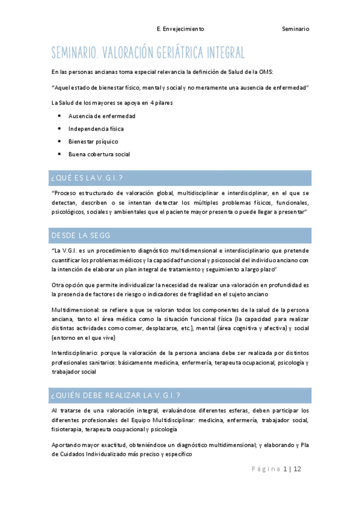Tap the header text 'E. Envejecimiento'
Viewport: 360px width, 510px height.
pyautogui.click(x=180, y=28)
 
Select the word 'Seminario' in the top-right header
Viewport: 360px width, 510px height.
pyautogui.click(x=296, y=28)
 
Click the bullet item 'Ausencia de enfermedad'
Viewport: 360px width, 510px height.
pyautogui.click(x=102, y=115)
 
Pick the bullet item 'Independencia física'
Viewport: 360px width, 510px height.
pyautogui.click(x=96, y=129)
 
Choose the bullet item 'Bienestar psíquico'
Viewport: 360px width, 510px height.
pyautogui.click(x=93, y=141)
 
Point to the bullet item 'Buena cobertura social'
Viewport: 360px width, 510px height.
pyautogui.click(x=99, y=154)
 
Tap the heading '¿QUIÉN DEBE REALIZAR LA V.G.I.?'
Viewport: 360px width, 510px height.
pyautogui.click(x=116, y=395)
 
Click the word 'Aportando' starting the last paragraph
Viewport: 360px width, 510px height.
pyautogui.click(x=66, y=445)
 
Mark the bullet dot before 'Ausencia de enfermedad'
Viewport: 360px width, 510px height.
pyautogui.click(x=59, y=115)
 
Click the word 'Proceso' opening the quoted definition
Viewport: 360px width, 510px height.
pyautogui.click(x=67, y=194)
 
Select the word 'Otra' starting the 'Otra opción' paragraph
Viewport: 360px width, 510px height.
pyautogui.click(x=59, y=286)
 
